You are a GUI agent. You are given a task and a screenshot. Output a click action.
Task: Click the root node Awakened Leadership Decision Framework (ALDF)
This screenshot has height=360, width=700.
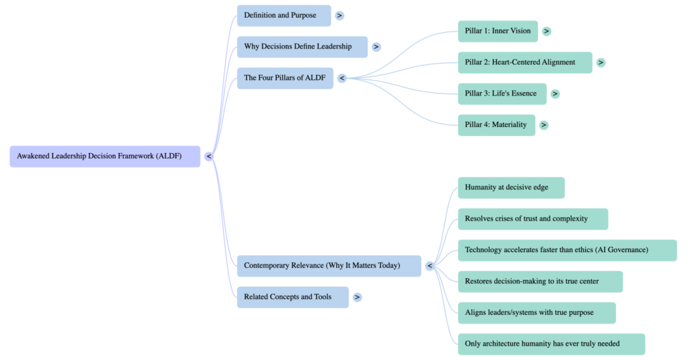pyautogui.click(x=105, y=156)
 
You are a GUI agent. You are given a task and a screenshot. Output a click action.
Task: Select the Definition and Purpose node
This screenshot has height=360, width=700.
pyautogui.click(x=284, y=16)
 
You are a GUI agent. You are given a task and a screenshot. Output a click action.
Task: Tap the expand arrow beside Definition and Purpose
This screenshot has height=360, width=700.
pyautogui.click(x=340, y=16)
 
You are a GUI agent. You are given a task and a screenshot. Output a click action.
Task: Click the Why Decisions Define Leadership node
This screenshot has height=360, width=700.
pyautogui.click(x=302, y=47)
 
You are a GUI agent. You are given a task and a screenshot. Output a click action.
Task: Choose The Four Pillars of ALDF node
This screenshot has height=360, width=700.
pyautogui.click(x=285, y=79)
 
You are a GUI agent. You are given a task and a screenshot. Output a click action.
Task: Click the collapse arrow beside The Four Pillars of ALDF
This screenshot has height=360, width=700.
pyautogui.click(x=342, y=79)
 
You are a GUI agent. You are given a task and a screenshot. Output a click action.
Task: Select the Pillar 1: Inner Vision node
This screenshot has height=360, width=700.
pyautogui.click(x=498, y=31)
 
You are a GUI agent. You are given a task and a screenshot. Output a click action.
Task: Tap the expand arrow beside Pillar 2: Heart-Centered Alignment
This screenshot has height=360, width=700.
pyautogui.click(x=601, y=62)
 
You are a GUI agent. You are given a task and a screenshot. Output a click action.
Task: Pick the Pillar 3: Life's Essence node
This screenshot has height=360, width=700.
pyautogui.click(x=502, y=94)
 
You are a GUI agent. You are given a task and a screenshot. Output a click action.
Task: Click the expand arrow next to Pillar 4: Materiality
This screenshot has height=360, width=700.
pyautogui.click(x=543, y=125)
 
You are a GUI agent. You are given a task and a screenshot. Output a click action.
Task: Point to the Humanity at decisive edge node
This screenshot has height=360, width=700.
pyautogui.click(x=511, y=188)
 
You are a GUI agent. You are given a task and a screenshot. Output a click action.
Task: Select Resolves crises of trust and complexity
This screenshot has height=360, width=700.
pyautogui.click(x=532, y=219)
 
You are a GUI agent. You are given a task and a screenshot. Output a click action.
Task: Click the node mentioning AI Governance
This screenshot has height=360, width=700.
pyautogui.click(x=567, y=251)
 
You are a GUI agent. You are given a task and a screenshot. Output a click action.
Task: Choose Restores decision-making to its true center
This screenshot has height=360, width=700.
pyautogui.click(x=539, y=281)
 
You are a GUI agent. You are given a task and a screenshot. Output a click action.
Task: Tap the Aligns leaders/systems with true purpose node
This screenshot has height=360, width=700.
pyautogui.click(x=536, y=313)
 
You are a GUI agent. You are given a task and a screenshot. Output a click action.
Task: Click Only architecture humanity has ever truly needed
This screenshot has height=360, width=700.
pyautogui.click(x=551, y=344)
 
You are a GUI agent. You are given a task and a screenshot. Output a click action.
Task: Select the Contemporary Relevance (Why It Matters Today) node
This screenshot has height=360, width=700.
pyautogui.click(x=329, y=266)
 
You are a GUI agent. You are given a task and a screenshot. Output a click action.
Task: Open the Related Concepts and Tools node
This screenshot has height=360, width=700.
pyautogui.click(x=293, y=297)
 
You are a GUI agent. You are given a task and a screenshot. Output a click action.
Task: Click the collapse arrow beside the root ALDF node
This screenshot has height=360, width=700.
pyautogui.click(x=209, y=156)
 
